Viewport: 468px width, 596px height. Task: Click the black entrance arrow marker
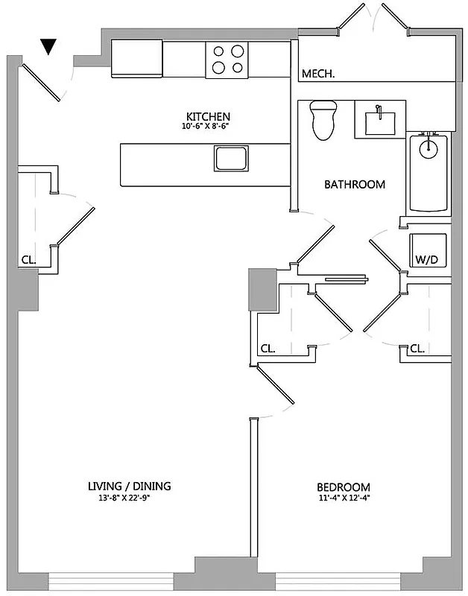click(x=48, y=47)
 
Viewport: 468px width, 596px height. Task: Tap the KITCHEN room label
click(x=208, y=117)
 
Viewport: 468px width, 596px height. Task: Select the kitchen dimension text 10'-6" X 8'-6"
click(x=208, y=127)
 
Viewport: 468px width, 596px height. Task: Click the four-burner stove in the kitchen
click(x=228, y=60)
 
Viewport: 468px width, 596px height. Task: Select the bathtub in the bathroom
click(x=429, y=173)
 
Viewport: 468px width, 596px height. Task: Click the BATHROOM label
click(x=354, y=184)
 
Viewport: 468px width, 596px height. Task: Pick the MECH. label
click(x=317, y=74)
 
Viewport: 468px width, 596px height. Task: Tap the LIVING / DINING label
click(x=129, y=486)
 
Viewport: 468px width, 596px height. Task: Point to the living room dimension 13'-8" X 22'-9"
click(x=129, y=498)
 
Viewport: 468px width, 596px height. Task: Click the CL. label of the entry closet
click(x=28, y=261)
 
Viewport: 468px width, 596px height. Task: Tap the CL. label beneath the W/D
click(x=417, y=348)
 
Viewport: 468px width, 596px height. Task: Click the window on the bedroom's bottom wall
click(x=337, y=581)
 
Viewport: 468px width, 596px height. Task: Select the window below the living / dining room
click(x=111, y=581)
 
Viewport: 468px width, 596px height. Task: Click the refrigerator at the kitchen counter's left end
click(x=137, y=59)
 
